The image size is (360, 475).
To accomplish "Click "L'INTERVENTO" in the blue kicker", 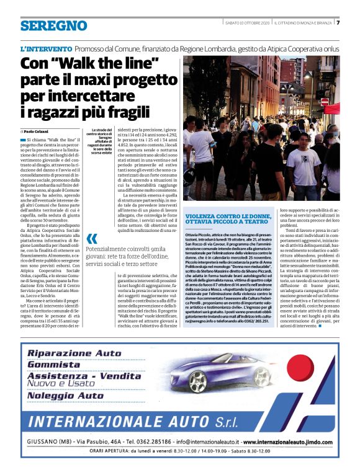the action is point(46,48).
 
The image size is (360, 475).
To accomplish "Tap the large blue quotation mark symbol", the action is point(92,239).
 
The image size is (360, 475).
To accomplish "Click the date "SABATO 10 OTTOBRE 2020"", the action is point(246,23).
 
